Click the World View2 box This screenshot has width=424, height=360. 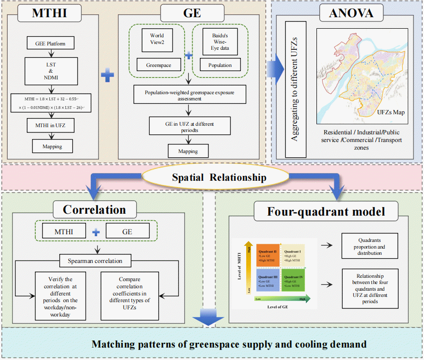point(156,40)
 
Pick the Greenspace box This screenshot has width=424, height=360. point(156,65)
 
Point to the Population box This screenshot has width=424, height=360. point(220,65)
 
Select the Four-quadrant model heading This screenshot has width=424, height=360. point(319,211)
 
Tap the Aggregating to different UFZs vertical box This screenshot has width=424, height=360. point(294,89)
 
